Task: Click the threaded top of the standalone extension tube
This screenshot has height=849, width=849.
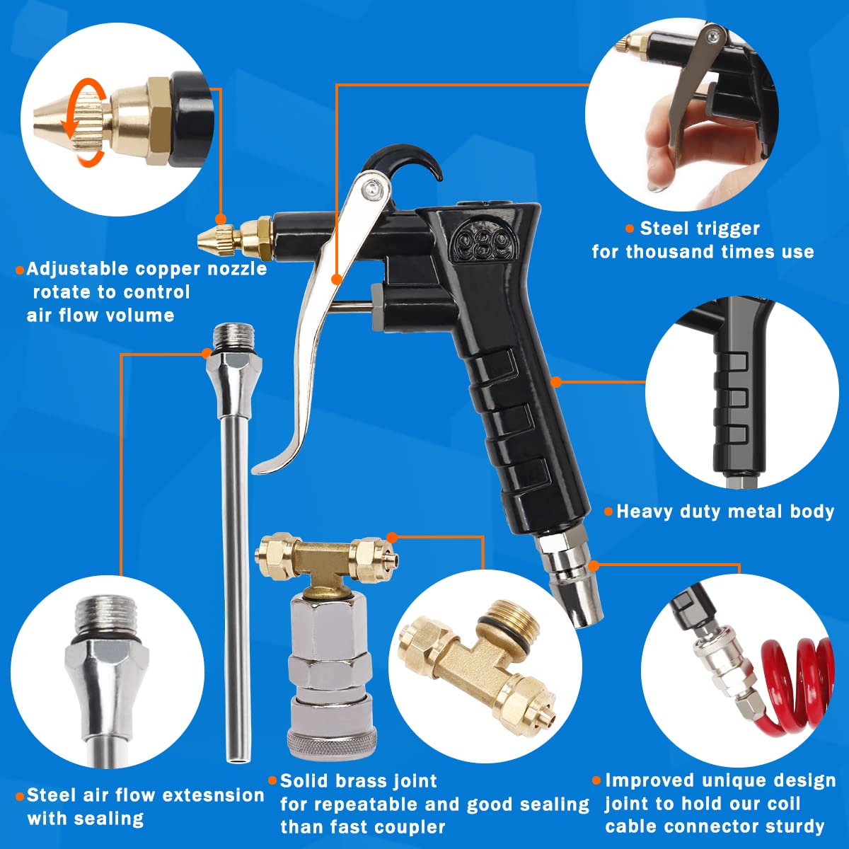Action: click(232, 335)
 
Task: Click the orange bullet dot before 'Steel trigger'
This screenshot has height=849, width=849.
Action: click(629, 229)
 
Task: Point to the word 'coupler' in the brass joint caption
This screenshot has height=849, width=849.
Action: click(410, 827)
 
